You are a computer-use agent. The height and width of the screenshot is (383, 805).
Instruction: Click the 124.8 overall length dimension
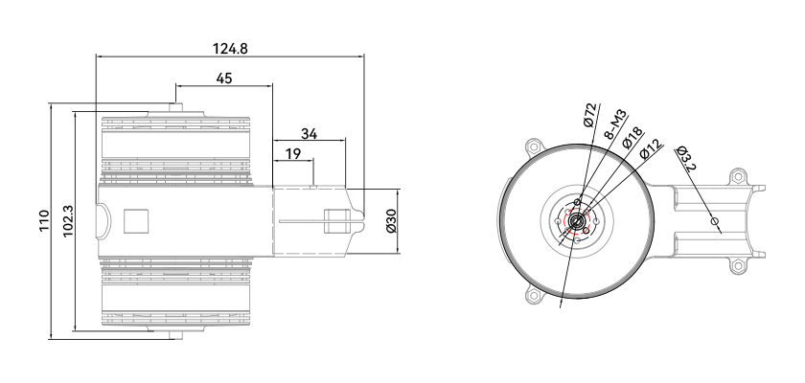230,49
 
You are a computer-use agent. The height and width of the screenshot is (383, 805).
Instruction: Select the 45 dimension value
224,79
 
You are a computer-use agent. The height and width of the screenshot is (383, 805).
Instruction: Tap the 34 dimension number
309,134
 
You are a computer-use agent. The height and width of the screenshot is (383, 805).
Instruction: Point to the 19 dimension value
292,154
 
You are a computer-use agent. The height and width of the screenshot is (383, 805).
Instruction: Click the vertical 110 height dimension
45,220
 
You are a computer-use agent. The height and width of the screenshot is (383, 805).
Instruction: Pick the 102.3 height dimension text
68,221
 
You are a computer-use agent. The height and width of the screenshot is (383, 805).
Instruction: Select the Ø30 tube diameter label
391,220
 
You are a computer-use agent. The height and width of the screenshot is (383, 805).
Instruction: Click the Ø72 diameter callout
591,115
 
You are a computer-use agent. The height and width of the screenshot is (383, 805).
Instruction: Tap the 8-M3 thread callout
614,124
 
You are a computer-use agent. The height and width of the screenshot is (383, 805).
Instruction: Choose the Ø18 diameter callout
632,138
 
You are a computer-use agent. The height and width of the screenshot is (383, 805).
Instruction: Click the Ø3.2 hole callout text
686,159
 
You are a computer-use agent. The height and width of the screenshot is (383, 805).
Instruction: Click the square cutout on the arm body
136,221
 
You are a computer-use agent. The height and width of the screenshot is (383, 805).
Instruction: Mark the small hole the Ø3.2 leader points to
714,221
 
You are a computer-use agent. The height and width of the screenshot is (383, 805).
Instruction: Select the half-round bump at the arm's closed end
103,221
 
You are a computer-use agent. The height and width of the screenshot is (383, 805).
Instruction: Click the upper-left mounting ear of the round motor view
534,146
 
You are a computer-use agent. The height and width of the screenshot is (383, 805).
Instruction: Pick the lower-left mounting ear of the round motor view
534,295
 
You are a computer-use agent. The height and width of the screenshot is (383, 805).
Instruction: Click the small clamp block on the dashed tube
336,221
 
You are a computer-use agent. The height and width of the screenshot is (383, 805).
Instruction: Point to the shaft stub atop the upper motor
175,107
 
